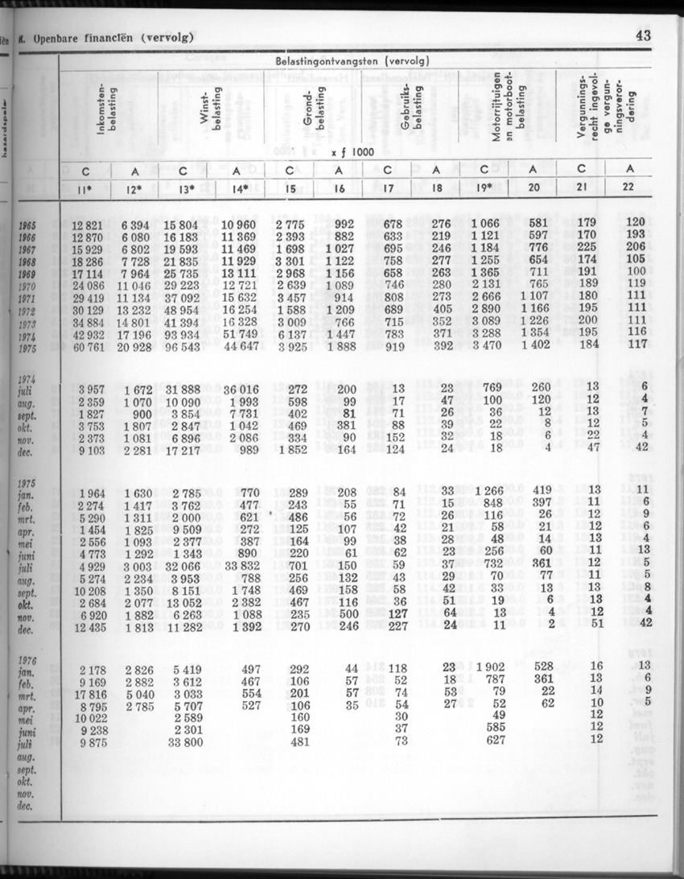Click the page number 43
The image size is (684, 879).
pyautogui.click(x=642, y=35)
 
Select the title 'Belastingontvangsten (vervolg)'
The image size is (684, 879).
pyautogui.click(x=352, y=61)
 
